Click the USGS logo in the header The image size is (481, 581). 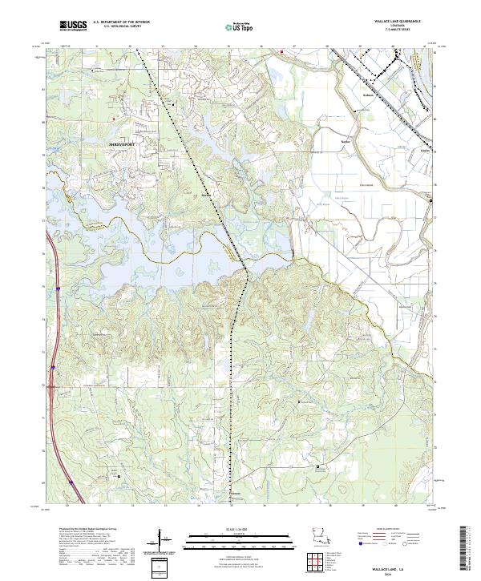coord(72,26)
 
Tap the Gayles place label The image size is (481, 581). coord(426,150)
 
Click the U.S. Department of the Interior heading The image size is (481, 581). coord(120,22)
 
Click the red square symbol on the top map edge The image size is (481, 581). coord(281,53)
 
